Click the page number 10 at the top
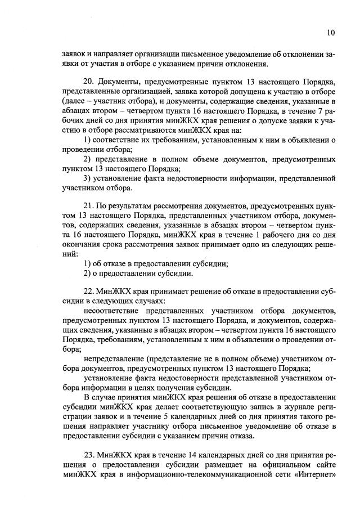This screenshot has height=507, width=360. (331, 33)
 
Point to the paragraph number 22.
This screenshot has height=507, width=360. (88, 292)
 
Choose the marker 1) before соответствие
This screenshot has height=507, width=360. (87, 140)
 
